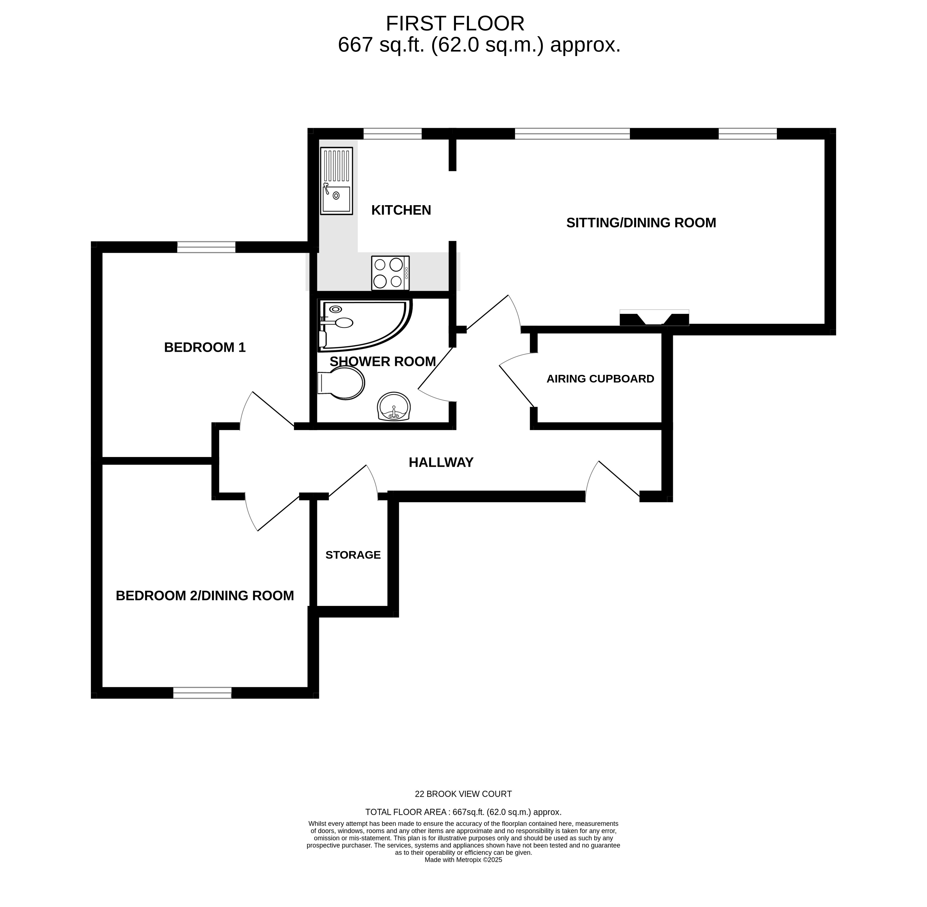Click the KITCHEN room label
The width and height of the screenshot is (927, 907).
[x=401, y=210]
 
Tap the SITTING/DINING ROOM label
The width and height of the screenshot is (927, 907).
[x=641, y=223]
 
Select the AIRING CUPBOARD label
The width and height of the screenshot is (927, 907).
[x=600, y=379]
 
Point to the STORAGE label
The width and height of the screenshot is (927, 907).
[x=353, y=555]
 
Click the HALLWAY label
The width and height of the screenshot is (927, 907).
[x=441, y=463]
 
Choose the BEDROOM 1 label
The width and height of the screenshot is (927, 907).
[x=205, y=348]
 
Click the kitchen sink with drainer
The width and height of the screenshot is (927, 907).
[x=336, y=181]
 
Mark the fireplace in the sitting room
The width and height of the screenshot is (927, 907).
[x=654, y=318]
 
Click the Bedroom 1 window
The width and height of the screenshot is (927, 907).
[x=206, y=247]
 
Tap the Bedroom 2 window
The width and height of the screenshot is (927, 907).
[x=202, y=693]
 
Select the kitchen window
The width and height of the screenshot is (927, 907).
[x=393, y=133]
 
